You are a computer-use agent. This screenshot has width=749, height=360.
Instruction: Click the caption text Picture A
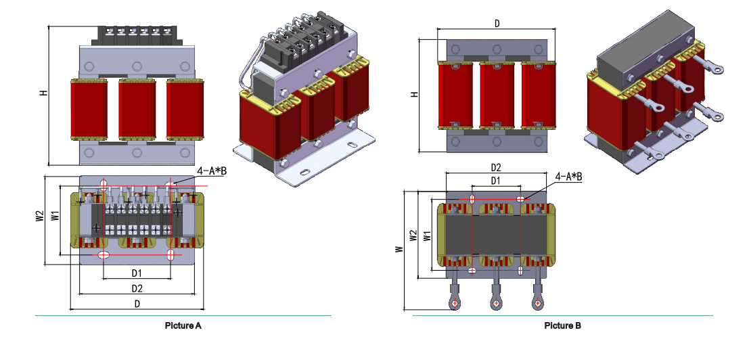[183, 325]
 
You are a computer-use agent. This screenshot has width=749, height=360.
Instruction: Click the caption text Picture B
[562, 325]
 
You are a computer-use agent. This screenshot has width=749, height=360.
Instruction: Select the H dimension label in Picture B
[414, 95]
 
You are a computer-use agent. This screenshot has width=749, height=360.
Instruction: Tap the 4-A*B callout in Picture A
[211, 172]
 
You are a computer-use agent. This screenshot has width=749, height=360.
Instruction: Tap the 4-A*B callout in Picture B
[568, 177]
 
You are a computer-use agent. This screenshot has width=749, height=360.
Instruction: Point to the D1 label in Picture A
[136, 273]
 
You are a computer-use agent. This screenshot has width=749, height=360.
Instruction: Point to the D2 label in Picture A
[137, 289]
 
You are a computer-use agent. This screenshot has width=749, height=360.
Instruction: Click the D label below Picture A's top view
[137, 305]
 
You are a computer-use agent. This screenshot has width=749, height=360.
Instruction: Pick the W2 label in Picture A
[40, 217]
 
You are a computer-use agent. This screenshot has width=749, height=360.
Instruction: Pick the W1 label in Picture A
[55, 217]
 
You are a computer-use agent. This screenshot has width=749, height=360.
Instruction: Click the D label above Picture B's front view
[497, 24]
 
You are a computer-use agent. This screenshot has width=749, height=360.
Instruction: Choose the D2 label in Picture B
[495, 167]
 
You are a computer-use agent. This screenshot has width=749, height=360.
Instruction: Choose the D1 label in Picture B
[495, 181]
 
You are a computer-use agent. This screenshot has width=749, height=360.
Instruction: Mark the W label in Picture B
[399, 249]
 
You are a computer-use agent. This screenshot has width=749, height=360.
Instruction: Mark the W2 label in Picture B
[413, 235]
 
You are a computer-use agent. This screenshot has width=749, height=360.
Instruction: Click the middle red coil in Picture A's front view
[137, 108]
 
